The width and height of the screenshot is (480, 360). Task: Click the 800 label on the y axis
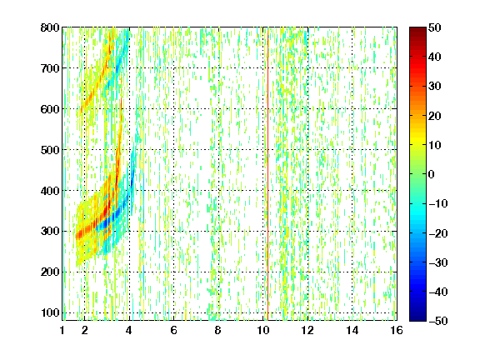click(50, 27)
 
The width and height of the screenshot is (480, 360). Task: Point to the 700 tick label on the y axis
click(50, 68)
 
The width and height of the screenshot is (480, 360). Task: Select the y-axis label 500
click(50, 150)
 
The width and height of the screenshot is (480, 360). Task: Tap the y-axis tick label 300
click(50, 232)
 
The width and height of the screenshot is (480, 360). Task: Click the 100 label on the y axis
click(50, 312)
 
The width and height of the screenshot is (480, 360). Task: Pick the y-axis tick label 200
click(50, 272)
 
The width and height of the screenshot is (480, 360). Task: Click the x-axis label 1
click(62, 330)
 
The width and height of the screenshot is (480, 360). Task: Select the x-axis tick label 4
click(129, 330)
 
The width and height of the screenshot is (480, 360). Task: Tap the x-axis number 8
click(218, 330)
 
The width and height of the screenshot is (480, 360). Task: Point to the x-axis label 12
click(307, 330)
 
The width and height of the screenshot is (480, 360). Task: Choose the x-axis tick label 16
click(397, 330)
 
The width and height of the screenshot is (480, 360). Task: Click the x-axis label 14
click(352, 330)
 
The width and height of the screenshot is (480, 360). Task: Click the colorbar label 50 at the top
click(435, 27)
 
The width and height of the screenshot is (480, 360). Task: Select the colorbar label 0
click(432, 174)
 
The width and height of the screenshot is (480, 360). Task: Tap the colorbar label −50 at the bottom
click(438, 321)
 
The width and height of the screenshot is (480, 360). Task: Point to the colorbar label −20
click(438, 233)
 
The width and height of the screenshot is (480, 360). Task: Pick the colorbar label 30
click(435, 87)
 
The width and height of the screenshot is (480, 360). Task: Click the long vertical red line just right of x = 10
click(267, 174)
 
